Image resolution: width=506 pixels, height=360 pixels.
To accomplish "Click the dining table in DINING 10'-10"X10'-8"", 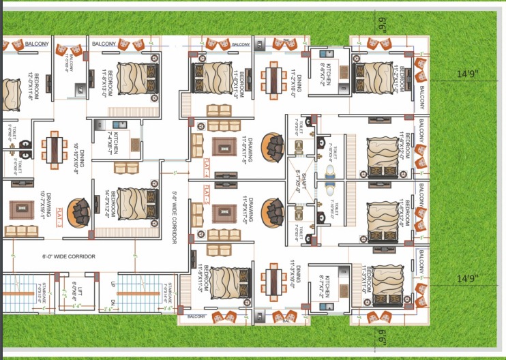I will click(54, 151).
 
